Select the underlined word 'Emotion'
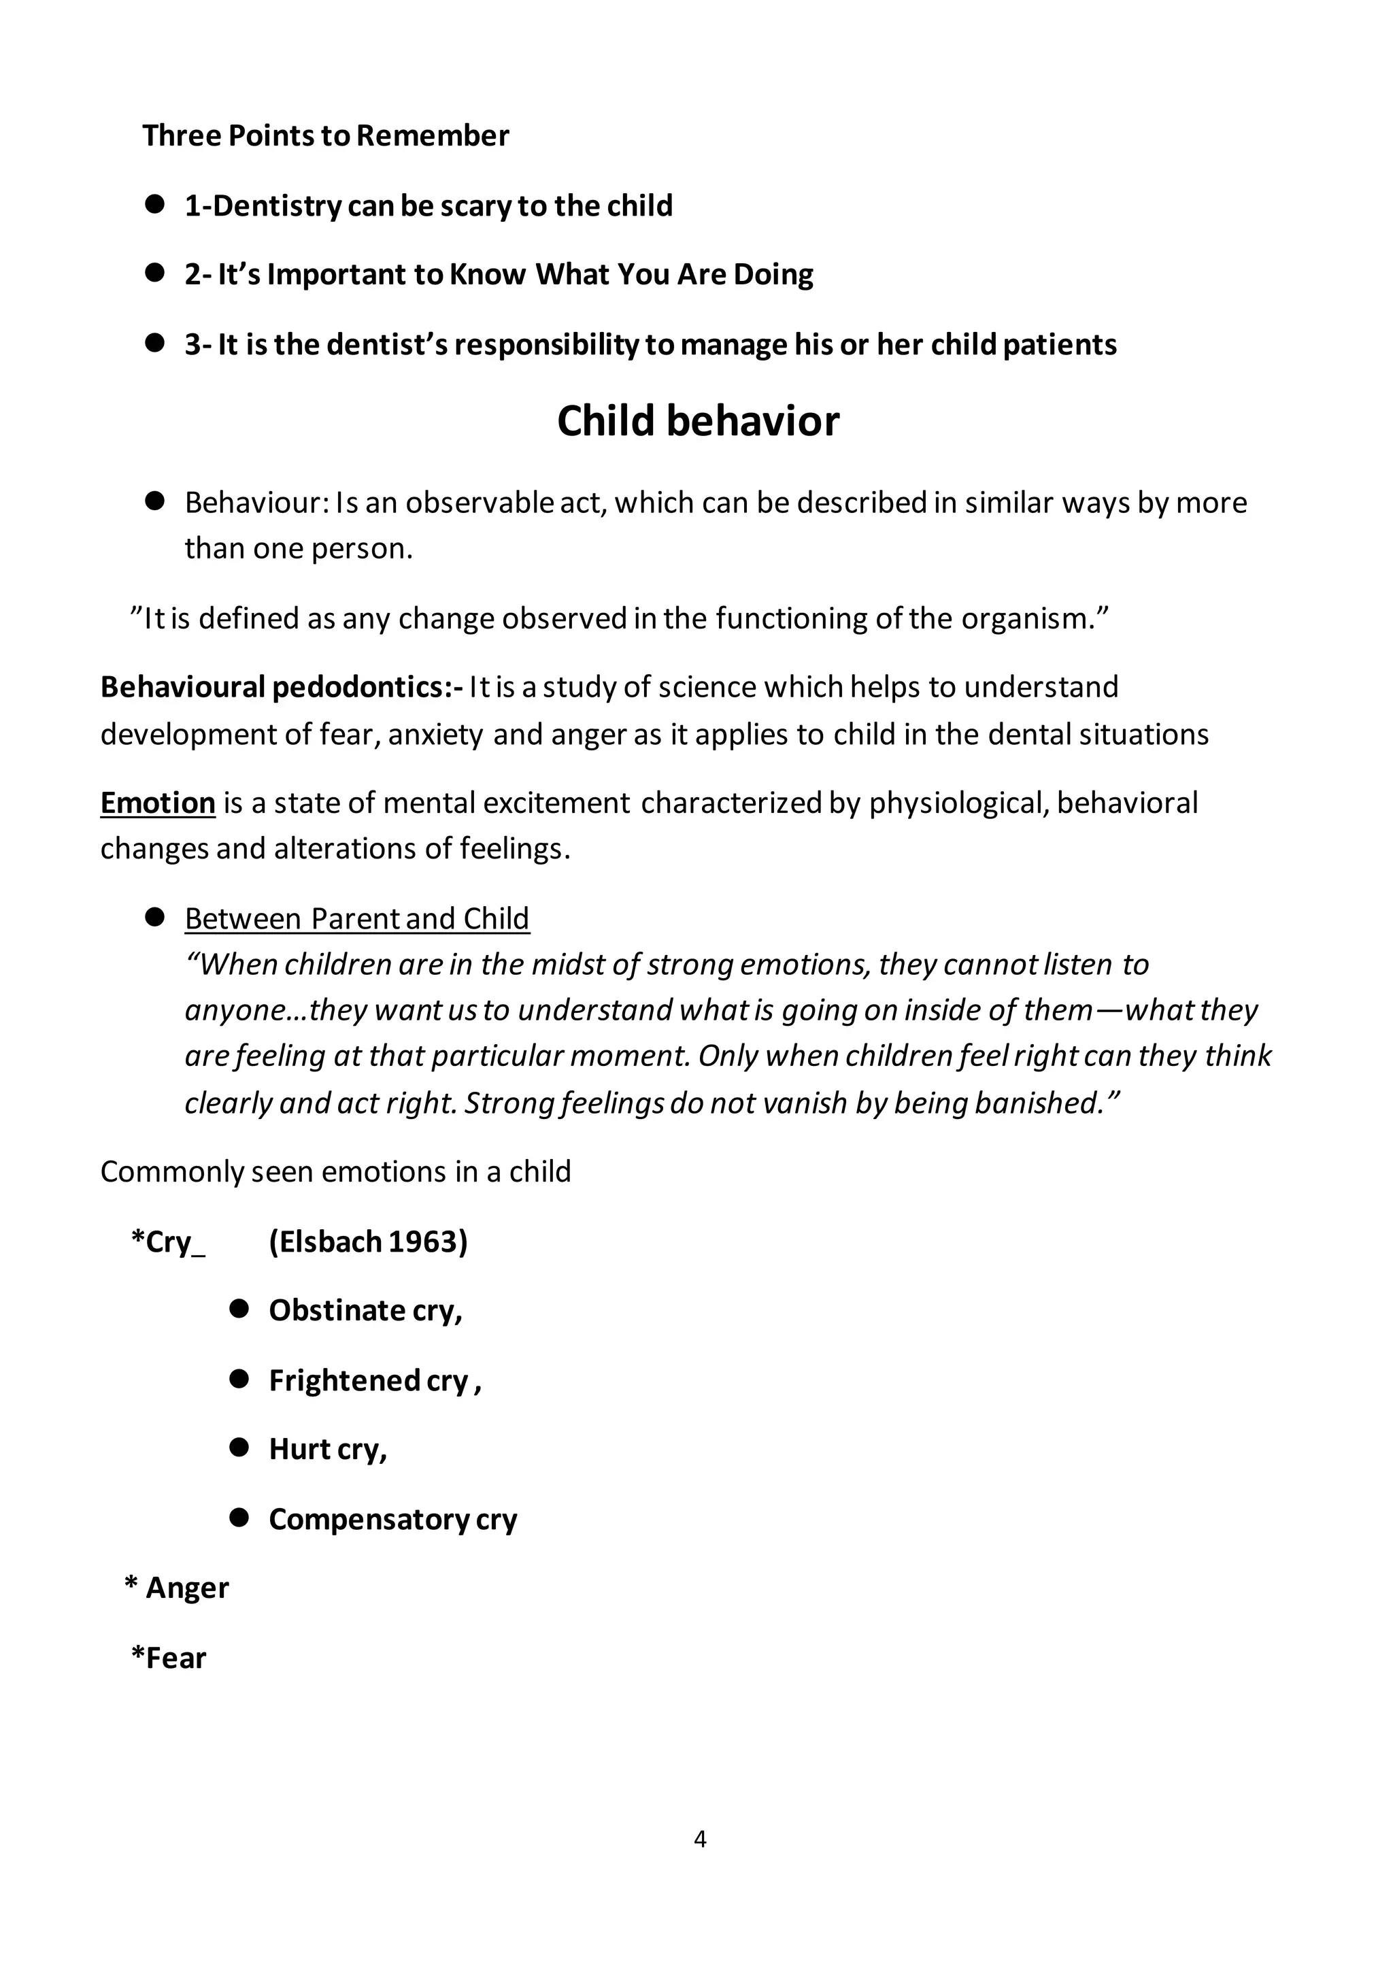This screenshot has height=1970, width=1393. [157, 803]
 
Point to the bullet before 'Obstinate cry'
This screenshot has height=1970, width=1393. [239, 1309]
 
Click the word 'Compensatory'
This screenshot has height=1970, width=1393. [368, 1520]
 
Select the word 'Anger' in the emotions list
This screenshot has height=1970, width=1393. [187, 1588]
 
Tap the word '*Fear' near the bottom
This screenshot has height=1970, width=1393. [168, 1658]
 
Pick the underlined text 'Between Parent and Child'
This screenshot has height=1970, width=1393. [357, 919]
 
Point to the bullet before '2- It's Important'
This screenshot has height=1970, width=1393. [154, 273]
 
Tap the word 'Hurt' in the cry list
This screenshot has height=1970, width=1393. [299, 1449]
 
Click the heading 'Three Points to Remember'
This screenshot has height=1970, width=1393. [325, 135]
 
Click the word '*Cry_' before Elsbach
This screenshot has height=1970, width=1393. [167, 1241]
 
